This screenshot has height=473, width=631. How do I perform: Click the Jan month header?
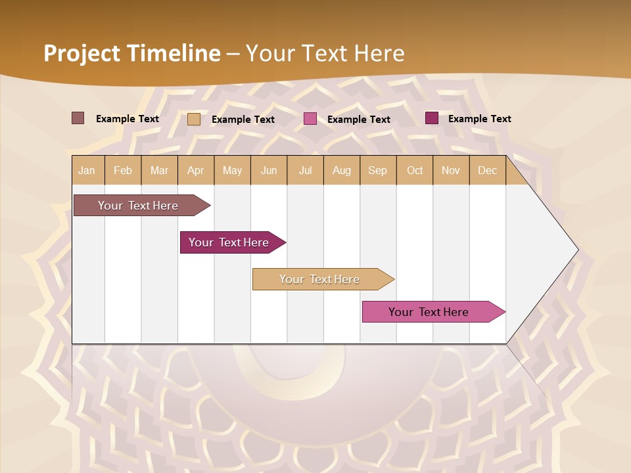[x=87, y=170]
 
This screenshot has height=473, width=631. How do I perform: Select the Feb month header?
[x=123, y=170]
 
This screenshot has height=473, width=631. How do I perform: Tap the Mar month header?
[x=159, y=170]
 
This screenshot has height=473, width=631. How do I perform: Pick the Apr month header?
[x=196, y=170]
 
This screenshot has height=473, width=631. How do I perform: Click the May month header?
[x=232, y=170]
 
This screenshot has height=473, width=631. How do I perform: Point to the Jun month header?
[x=269, y=170]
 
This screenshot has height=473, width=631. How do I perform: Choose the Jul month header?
[x=305, y=170]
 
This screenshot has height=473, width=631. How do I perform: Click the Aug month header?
[x=342, y=170]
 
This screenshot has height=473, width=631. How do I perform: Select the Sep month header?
[x=378, y=170]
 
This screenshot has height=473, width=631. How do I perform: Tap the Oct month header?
[x=415, y=170]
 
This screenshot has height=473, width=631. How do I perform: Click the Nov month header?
[x=451, y=170]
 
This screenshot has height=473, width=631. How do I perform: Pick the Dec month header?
[x=488, y=170]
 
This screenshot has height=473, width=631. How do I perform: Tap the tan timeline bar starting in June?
[x=320, y=279]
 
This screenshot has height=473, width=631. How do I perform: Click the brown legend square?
[x=78, y=118]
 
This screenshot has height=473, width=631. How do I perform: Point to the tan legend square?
[x=194, y=119]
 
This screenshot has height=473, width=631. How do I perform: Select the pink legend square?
[x=310, y=119]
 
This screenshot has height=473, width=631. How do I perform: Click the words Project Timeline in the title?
[x=132, y=53]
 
